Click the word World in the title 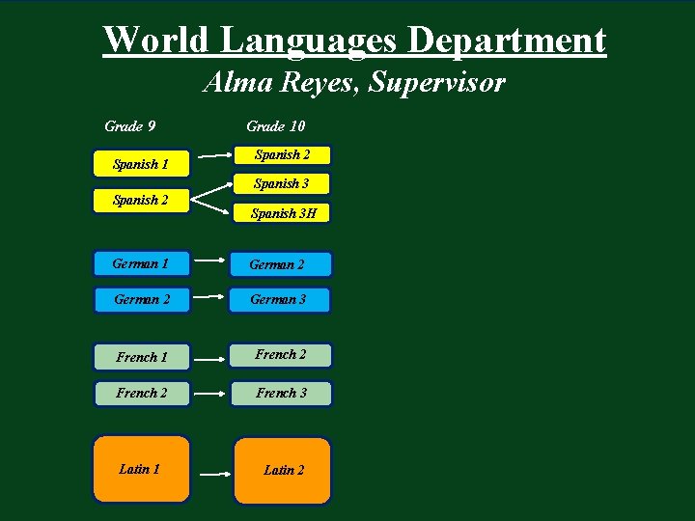[x=156, y=41]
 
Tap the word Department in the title [x=507, y=41]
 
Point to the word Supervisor [x=436, y=83]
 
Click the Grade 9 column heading [x=130, y=126]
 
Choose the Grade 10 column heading [x=275, y=126]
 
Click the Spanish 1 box [x=141, y=164]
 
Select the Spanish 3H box [x=283, y=213]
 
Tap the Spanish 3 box [x=282, y=183]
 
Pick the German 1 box [x=141, y=263]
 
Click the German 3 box [x=280, y=299]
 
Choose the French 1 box [x=142, y=357]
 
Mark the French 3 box [x=282, y=393]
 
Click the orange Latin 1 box [x=141, y=469]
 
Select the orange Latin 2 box [x=283, y=470]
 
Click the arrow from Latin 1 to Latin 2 [x=212, y=475]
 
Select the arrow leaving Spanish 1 [x=216, y=154]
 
